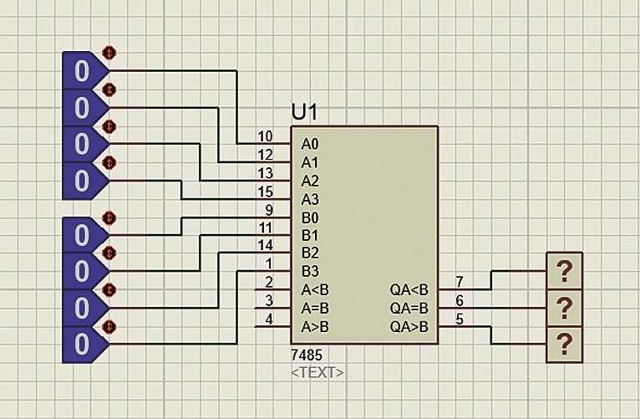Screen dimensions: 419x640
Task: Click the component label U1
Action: click(305, 113)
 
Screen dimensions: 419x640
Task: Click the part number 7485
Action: click(306, 355)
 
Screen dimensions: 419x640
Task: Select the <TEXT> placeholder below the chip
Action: click(317, 372)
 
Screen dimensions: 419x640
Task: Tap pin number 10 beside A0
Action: click(265, 136)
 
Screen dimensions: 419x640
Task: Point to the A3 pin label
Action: click(309, 199)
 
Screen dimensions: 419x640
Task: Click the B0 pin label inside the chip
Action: click(309, 217)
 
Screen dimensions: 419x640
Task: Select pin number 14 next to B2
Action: click(265, 245)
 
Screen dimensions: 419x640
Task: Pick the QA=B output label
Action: click(409, 308)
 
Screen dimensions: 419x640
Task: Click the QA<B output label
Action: click(409, 290)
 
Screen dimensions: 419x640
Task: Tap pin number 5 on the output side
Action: click(459, 318)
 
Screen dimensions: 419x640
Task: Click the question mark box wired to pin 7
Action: click(564, 271)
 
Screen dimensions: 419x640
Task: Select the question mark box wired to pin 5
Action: click(564, 344)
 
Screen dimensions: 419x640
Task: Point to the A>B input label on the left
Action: click(315, 326)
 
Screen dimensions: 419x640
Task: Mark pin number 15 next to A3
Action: click(265, 191)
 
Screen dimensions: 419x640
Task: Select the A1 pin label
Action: click(309, 163)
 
